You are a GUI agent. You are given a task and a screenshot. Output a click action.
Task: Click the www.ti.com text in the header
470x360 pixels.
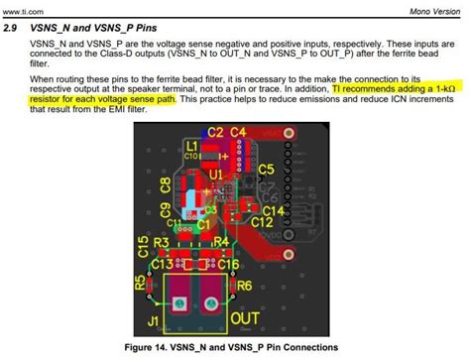point(20,9)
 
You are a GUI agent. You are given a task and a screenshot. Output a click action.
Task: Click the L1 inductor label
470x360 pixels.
point(190,146)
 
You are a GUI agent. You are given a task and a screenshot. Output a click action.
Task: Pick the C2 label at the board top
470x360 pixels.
point(214,132)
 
